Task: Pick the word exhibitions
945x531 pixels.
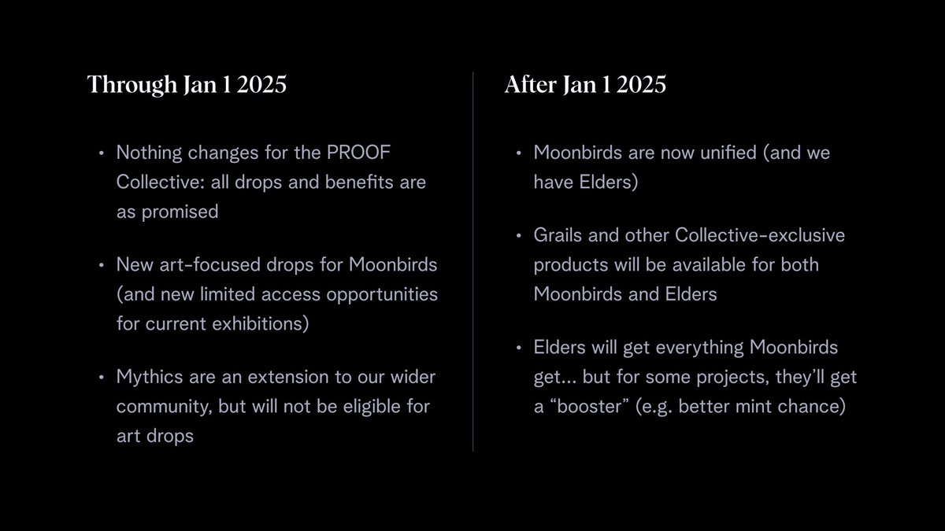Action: [x=254, y=324]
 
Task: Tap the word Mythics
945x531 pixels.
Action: [x=149, y=376]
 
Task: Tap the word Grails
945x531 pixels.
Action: [x=558, y=234]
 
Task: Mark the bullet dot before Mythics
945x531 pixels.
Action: [x=101, y=377]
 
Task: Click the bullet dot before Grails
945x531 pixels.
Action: [x=518, y=235]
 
